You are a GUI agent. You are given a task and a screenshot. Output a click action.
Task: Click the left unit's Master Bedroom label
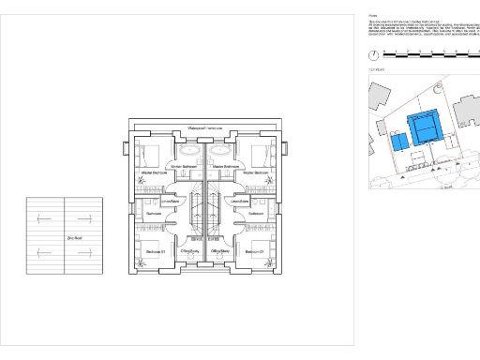coord(154,173)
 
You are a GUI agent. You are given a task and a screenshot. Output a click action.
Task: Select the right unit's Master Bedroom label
coord(255,173)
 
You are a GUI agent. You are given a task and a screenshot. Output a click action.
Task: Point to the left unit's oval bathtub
coord(187,149)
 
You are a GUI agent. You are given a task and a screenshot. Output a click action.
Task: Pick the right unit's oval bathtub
coord(220,149)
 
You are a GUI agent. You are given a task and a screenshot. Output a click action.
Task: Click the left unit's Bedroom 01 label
coord(154,252)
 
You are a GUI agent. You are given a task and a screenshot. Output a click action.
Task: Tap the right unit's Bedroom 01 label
coord(255,252)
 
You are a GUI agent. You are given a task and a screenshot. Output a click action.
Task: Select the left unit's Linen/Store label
coord(170,201)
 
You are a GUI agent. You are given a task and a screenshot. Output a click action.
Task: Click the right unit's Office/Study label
coord(221,252)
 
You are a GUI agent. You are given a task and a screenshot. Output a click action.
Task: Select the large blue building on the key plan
coord(426,126)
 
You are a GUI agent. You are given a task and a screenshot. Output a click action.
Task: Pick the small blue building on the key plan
coord(397,142)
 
